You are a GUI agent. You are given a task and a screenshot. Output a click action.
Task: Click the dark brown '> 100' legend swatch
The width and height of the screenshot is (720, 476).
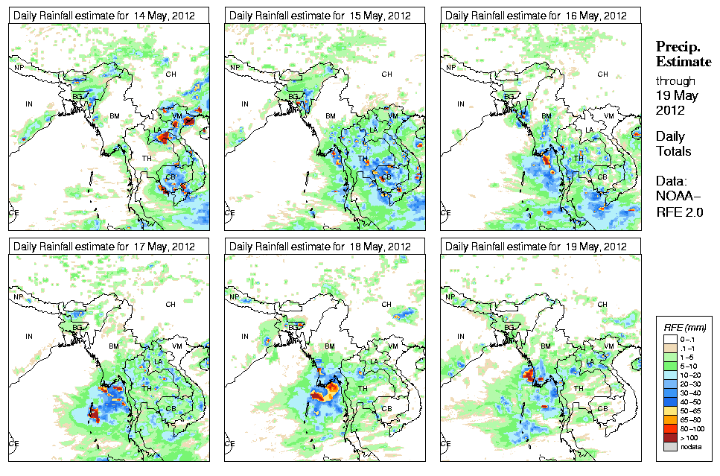668,437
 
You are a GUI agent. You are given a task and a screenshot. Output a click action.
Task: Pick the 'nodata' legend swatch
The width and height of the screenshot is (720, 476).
668,447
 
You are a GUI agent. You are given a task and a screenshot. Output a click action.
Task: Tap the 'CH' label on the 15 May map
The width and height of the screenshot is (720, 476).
387,74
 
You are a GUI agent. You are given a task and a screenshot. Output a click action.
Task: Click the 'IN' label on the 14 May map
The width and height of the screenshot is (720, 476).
29,104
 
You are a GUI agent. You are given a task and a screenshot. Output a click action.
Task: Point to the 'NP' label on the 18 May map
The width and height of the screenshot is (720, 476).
235,297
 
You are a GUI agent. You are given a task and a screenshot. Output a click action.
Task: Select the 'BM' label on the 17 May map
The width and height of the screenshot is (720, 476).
115,346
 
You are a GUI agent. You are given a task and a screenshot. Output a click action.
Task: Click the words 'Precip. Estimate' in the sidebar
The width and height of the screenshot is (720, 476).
683,54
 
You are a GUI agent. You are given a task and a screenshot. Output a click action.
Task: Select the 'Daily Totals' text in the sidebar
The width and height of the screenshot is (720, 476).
673,144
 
